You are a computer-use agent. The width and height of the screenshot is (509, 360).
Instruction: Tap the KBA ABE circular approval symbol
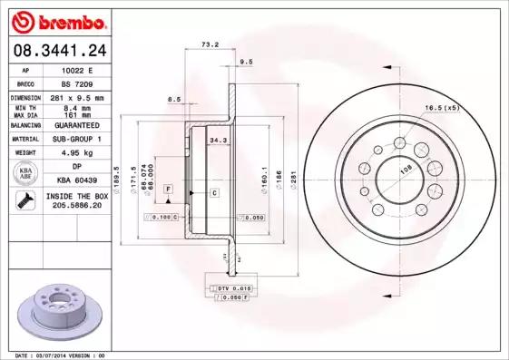coord(26,174)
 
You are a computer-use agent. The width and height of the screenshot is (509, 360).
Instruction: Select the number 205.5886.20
coord(75,206)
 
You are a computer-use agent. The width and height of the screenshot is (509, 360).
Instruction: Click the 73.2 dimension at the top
coord(210,44)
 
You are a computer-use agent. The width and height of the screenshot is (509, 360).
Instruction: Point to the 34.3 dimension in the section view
coord(218,141)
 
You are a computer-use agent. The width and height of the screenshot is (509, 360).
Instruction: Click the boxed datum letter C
coord(214,193)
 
